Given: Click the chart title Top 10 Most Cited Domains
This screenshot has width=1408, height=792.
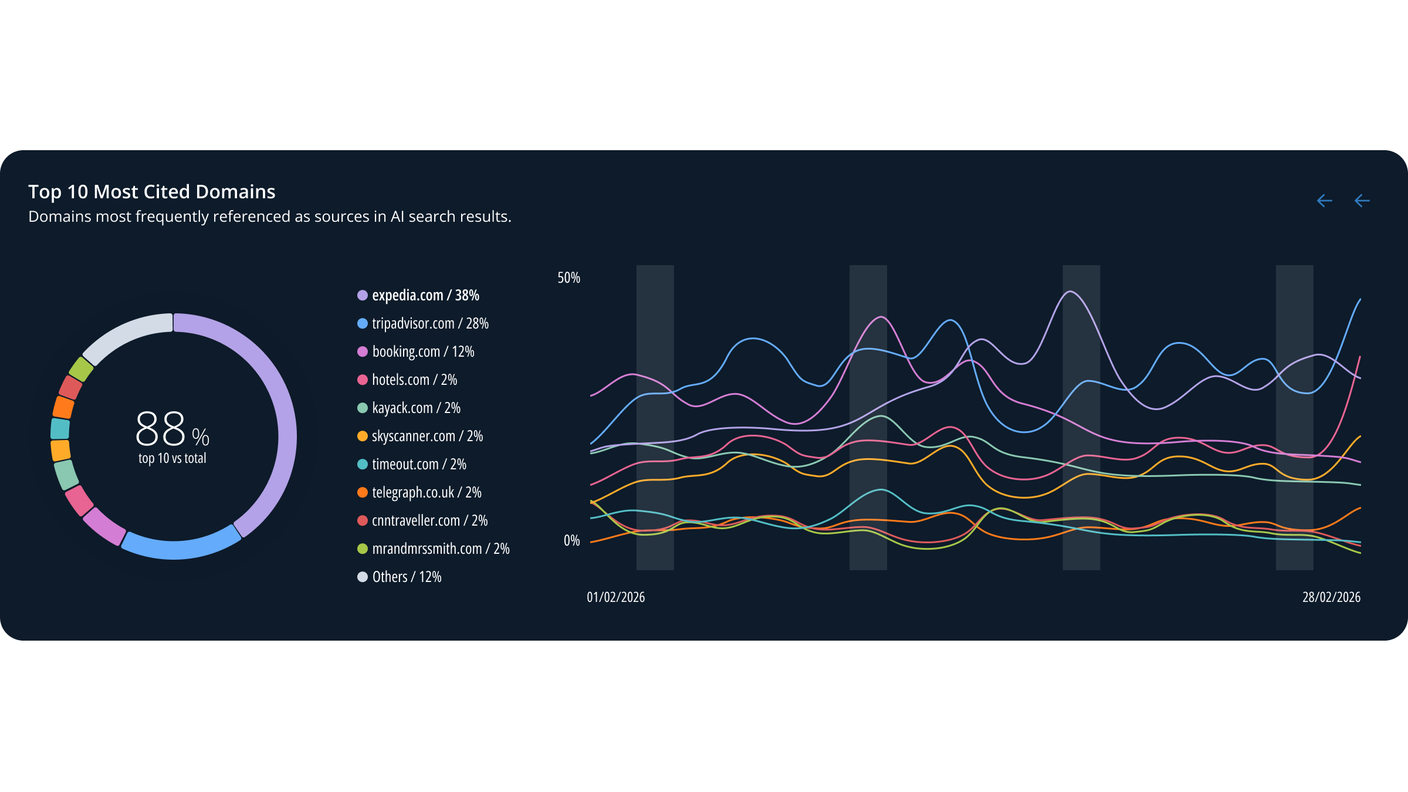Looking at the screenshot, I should [x=152, y=192].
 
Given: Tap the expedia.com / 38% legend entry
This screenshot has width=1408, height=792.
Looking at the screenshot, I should [x=425, y=295].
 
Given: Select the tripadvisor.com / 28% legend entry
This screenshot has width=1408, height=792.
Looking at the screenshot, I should [x=430, y=323].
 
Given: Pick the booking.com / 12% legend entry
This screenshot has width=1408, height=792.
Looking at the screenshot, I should [x=423, y=351].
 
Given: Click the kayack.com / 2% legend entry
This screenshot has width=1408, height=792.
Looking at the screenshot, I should [x=416, y=408].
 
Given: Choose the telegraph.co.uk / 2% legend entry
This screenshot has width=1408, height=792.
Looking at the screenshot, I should [x=427, y=492].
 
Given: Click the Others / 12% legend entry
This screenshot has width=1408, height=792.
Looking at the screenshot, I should [x=407, y=577].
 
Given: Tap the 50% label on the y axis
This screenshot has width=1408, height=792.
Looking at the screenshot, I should [x=568, y=277].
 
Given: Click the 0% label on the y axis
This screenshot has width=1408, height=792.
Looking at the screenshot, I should [x=571, y=540].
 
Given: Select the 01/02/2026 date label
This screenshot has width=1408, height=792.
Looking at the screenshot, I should [x=615, y=597].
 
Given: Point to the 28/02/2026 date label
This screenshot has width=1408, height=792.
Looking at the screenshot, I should [x=1331, y=597].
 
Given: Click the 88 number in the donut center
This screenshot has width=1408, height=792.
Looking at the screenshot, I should [x=161, y=429].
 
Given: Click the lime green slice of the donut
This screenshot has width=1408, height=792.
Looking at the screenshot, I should [x=81, y=369].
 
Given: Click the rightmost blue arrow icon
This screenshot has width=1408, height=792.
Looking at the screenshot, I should [x=1362, y=201].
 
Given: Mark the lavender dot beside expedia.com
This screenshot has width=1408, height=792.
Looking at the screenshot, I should [x=363, y=295].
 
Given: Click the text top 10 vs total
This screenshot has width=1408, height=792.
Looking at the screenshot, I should [x=172, y=458].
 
